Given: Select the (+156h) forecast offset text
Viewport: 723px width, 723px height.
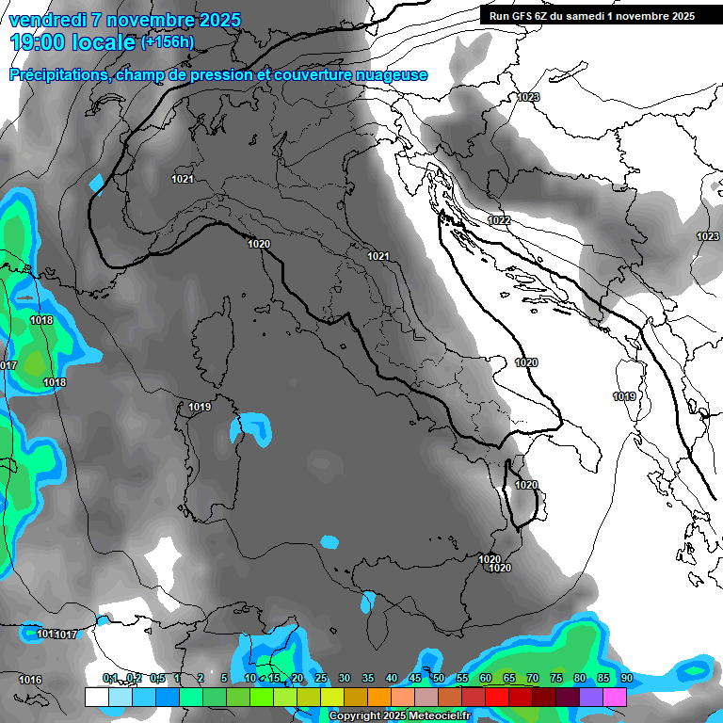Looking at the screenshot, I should click(x=167, y=42).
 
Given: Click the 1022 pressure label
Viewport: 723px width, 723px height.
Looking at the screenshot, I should click(x=499, y=220).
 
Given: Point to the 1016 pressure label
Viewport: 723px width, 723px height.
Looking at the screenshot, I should click(x=30, y=680).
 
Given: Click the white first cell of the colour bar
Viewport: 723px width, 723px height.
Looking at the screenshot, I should click(x=96, y=697).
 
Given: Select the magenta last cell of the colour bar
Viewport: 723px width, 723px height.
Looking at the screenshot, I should click(x=615, y=697).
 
